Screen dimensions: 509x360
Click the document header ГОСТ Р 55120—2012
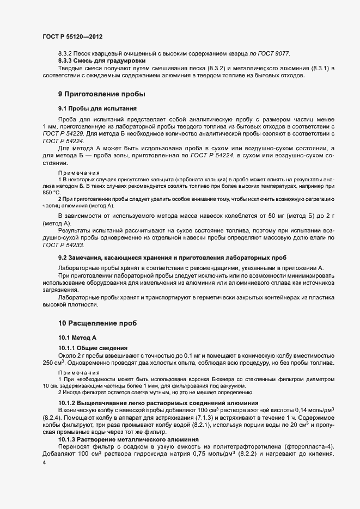pyautogui.click(x=72, y=37)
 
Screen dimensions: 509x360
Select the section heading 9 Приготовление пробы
pyautogui.click(x=101, y=94)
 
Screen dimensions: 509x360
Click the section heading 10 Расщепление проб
pyautogui.click(x=97, y=323)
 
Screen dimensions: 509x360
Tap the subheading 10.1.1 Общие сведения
pyautogui.click(x=93, y=347)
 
